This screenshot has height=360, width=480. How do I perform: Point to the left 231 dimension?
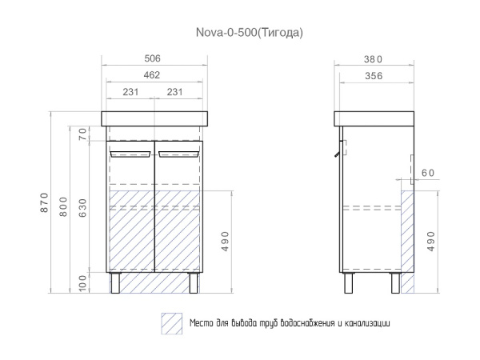click(130, 92)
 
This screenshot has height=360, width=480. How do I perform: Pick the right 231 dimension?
click(174, 92)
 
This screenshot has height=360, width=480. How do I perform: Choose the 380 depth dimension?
click(372, 58)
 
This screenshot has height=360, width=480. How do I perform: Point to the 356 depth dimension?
click(372, 75)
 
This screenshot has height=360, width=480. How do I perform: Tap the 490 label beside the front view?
click(226, 241)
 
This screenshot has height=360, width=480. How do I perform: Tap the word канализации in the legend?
click(365, 323)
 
